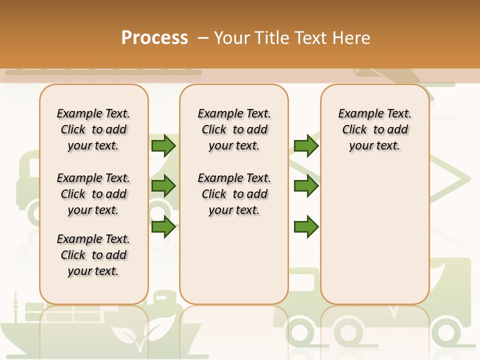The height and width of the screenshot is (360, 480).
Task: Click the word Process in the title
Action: point(154,38)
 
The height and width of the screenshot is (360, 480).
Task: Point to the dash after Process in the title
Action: point(203,38)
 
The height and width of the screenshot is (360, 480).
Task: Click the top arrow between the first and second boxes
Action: point(163,145)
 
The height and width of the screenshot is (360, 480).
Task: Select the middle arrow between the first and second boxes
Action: point(163,186)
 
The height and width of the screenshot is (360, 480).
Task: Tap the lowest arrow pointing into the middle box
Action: point(163,227)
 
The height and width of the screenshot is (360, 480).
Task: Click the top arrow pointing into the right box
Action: point(306,145)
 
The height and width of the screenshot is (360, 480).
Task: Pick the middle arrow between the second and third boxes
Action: point(306,186)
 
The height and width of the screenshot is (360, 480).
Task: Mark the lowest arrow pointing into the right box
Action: point(306,227)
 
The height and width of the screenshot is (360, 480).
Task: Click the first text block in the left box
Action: point(93,129)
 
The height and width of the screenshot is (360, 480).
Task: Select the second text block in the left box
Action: point(93,194)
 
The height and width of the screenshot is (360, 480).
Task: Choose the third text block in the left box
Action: point(93,255)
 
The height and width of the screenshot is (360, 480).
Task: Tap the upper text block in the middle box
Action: point(234,129)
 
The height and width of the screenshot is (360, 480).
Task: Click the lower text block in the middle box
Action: point(234,194)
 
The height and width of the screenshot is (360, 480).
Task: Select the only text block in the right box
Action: point(374,129)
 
